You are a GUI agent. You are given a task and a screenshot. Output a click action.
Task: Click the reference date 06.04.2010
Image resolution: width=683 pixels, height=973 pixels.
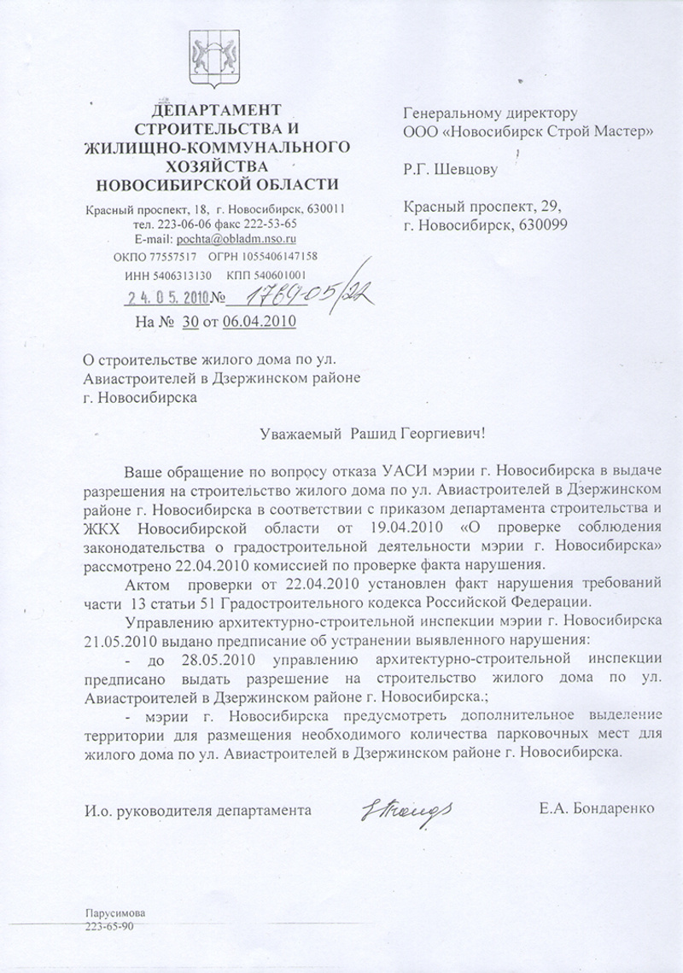(x=260, y=322)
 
